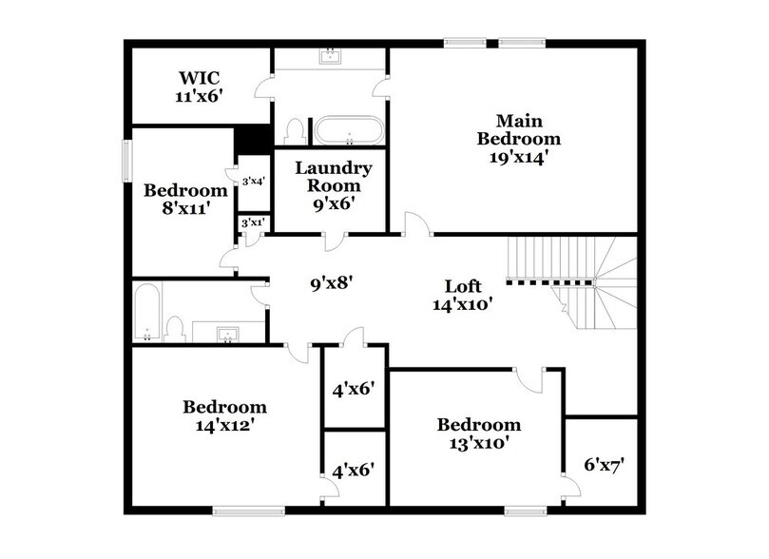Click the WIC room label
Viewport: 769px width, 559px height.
(x=199, y=77)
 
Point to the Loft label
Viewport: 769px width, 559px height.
(x=463, y=286)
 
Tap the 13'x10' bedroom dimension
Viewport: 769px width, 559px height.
(x=478, y=443)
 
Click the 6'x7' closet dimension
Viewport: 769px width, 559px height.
(x=604, y=465)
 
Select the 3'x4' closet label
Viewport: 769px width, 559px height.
(x=253, y=182)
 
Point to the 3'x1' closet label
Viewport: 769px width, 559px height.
(x=252, y=222)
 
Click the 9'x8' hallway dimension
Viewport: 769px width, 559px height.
(x=333, y=282)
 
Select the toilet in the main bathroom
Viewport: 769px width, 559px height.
(x=294, y=130)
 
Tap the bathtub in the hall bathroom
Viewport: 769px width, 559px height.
(x=146, y=313)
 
